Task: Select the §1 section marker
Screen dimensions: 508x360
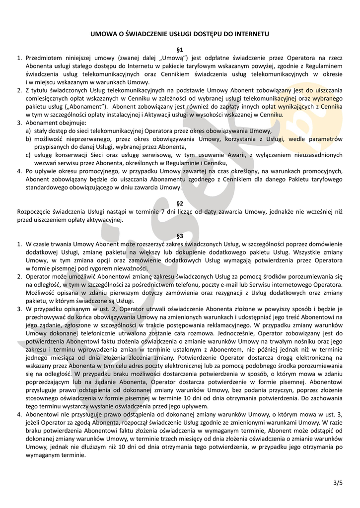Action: (180, 50)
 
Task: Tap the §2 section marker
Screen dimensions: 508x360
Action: (180, 203)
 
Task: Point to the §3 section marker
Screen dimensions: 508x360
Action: (180, 236)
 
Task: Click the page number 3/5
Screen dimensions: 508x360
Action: (338, 482)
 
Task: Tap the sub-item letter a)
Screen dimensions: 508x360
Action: (28, 130)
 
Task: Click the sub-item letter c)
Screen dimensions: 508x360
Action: (28, 155)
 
